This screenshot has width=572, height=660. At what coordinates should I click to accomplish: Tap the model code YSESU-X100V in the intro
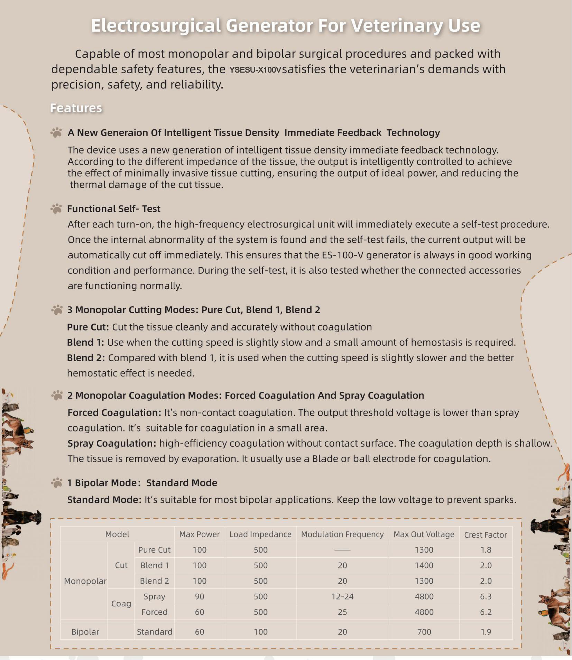tap(255, 70)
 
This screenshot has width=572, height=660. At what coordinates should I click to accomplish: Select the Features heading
tap(76, 108)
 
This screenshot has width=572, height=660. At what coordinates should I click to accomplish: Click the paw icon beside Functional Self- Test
tap(56, 208)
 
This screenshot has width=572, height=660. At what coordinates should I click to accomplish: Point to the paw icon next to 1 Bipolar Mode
tap(56, 482)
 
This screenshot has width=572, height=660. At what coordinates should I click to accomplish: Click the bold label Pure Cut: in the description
tap(88, 327)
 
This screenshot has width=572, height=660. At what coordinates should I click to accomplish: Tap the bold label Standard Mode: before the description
tap(104, 500)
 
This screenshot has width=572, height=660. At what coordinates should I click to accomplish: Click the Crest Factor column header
tap(485, 534)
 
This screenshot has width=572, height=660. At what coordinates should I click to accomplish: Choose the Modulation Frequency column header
tap(342, 534)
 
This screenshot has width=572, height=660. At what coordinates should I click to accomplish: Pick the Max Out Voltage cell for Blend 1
tap(424, 565)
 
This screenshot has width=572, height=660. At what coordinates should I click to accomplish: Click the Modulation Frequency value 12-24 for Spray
tap(342, 596)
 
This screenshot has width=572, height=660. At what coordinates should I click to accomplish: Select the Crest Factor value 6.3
tap(486, 596)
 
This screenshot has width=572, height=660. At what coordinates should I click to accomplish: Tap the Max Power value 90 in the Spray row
tap(199, 596)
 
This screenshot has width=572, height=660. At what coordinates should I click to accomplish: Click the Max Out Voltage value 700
tap(424, 632)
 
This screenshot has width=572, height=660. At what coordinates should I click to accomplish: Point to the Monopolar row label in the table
tap(85, 581)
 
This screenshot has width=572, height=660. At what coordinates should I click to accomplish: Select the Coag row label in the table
tap(121, 604)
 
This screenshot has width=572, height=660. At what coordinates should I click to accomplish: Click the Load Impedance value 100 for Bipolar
tap(260, 632)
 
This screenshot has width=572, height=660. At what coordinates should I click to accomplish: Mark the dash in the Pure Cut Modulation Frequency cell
tap(342, 550)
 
